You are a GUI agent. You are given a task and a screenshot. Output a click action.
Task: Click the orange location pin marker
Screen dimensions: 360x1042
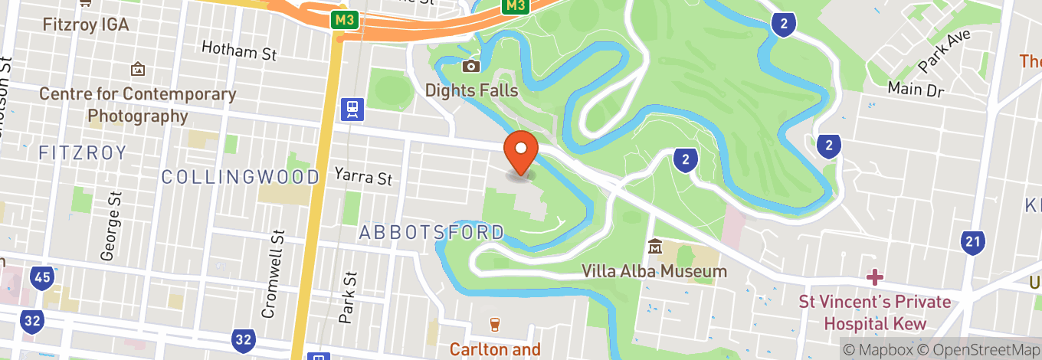(x=521, y=152)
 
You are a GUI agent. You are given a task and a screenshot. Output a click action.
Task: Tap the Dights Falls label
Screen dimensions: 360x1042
(x=472, y=90)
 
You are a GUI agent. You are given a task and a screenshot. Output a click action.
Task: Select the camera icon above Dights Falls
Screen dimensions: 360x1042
(x=471, y=67)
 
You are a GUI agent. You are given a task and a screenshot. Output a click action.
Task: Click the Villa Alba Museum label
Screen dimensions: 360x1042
(x=654, y=271)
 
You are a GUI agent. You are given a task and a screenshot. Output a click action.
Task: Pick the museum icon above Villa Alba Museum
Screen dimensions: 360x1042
(x=655, y=247)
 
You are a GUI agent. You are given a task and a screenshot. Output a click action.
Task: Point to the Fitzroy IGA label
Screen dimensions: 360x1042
(x=86, y=25)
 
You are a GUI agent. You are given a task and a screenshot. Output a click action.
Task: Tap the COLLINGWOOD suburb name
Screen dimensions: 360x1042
(x=241, y=177)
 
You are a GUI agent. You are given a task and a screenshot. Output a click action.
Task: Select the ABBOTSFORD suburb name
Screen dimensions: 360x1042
(x=431, y=232)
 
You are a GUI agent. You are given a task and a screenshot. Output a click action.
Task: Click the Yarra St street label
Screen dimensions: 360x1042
(x=363, y=176)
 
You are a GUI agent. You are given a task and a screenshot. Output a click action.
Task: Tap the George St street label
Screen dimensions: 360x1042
(x=116, y=226)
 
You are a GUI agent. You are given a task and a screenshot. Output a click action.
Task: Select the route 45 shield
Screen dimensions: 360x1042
(x=42, y=277)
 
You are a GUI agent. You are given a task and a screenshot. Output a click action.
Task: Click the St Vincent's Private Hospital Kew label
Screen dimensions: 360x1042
(x=875, y=313)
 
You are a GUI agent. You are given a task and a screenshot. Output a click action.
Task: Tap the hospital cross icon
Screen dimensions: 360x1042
(x=875, y=277)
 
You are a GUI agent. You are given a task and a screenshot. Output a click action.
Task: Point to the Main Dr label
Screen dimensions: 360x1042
(x=916, y=88)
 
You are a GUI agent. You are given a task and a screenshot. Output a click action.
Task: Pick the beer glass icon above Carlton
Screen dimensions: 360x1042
(x=494, y=325)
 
